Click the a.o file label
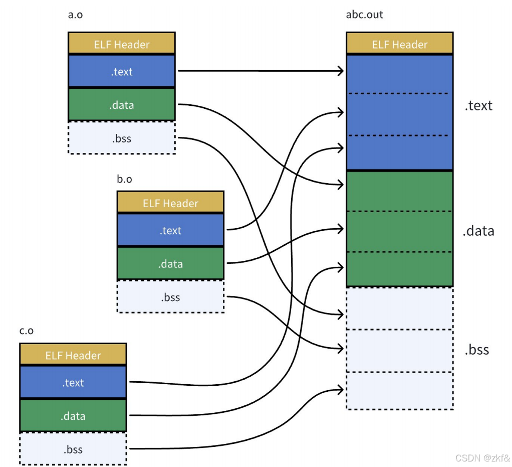tap(75, 15)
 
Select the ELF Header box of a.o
tap(121, 43)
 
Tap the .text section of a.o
tap(121, 71)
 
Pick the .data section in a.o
tap(121, 105)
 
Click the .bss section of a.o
tap(121, 138)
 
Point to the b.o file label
tap(124, 179)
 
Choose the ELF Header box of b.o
tap(170, 202)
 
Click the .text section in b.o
tap(170, 230)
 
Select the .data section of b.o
tap(170, 263)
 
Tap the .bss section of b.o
tap(170, 297)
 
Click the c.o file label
tap(27, 331)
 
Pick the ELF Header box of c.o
tap(73, 354)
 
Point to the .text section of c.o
tap(73, 382)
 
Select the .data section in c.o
tap(73, 416)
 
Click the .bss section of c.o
tap(73, 449)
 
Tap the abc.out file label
tap(364, 15)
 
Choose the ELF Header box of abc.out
tap(400, 43)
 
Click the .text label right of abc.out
tap(478, 106)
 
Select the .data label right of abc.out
tap(478, 231)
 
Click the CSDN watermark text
tap(482, 458)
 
